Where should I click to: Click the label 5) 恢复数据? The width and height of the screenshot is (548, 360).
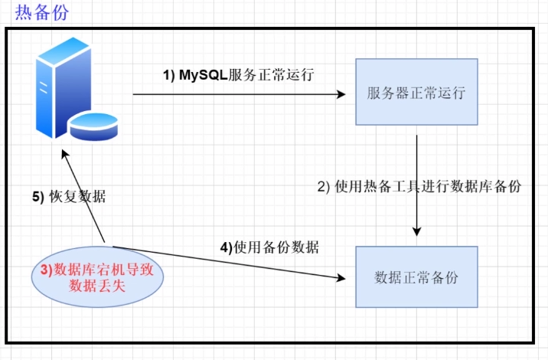click(x=69, y=197)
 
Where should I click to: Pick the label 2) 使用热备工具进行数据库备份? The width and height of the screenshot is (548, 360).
click(x=419, y=186)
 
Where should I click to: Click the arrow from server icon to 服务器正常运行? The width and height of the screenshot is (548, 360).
click(x=237, y=94)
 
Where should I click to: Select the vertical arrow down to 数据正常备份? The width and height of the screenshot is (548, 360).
click(x=416, y=184)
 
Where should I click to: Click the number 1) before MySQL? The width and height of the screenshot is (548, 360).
click(x=169, y=75)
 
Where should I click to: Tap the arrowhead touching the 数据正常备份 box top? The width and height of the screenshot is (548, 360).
click(x=416, y=231)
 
